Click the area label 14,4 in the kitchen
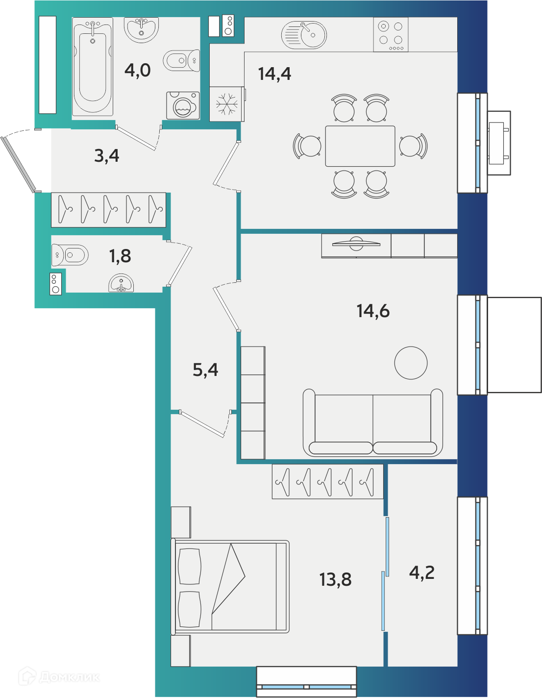274,74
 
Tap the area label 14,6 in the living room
373,311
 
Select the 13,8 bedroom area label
336,579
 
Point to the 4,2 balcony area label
422,573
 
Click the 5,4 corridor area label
205,370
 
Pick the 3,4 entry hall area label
107,156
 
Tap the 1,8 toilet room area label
120,256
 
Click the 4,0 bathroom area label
137,71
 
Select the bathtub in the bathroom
93,67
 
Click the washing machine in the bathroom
183,106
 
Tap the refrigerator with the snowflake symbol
227,104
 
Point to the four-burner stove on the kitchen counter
391,35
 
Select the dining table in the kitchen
360,146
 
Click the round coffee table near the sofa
411,363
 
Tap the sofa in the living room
373,423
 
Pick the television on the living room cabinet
356,244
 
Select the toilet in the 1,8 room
70,255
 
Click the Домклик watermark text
70,677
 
